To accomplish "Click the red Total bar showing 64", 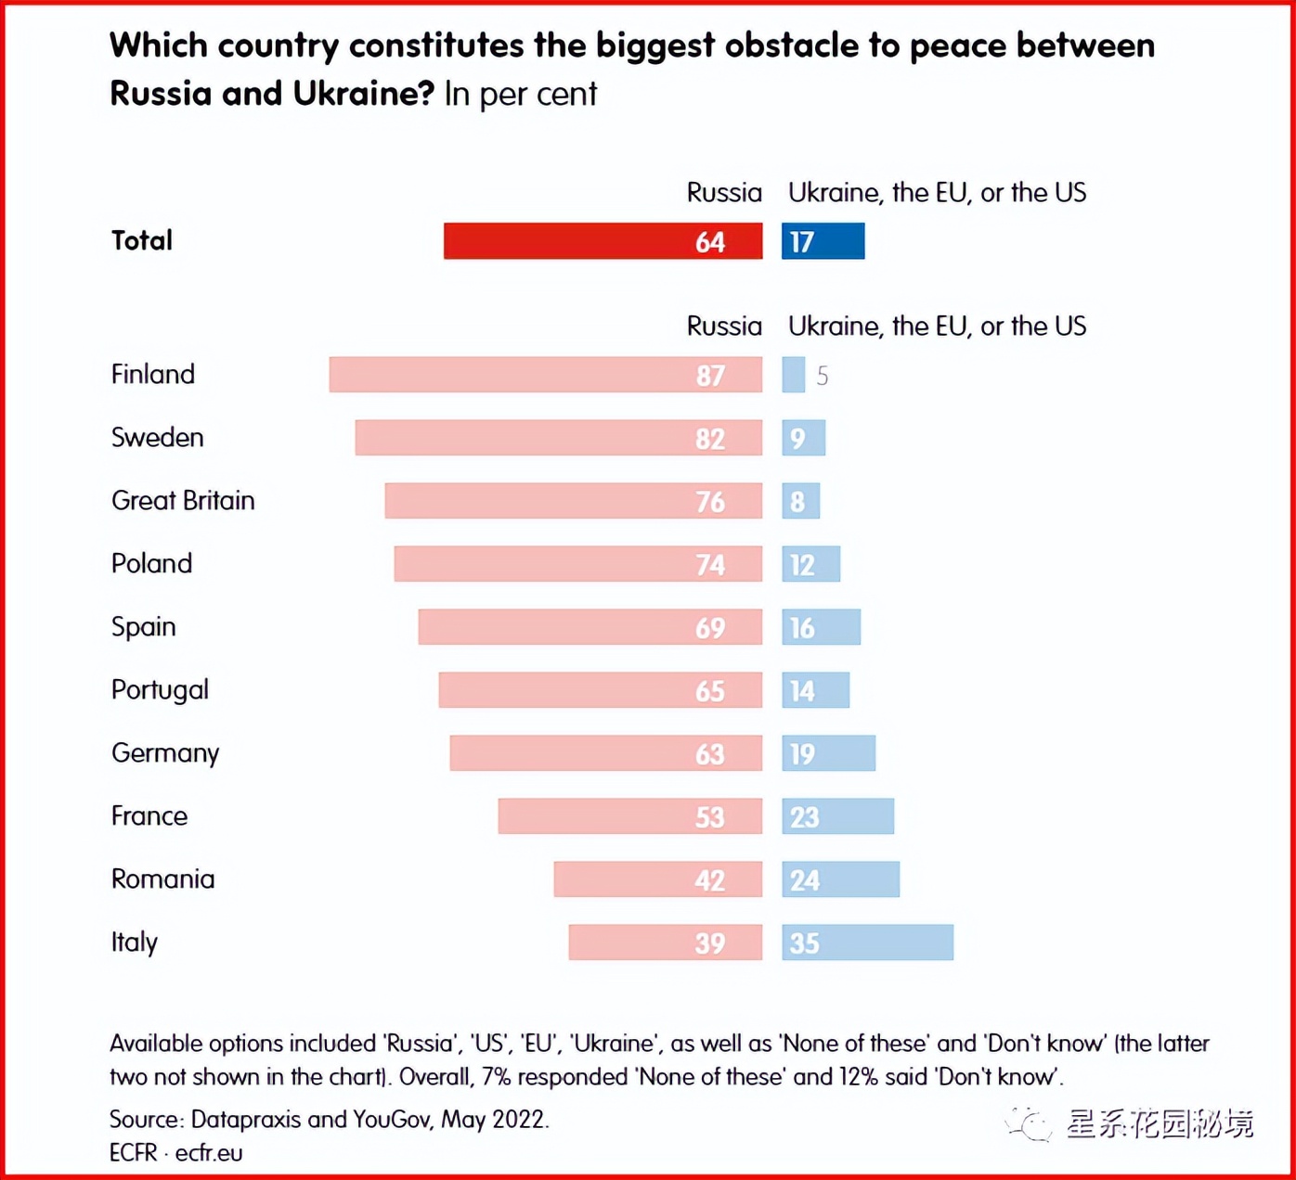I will point(603,241).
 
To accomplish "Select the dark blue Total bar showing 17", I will point(823,241).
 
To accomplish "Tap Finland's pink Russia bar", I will point(545,375).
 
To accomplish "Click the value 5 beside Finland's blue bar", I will point(822,376).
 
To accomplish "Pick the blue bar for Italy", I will point(867,943).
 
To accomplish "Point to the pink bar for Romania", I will point(657,879).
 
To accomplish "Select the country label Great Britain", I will point(183,501).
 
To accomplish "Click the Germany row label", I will point(165,753).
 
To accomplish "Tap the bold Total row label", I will point(142,241).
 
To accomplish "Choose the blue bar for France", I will point(837,816).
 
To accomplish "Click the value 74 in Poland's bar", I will point(710,565).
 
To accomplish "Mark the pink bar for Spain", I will point(590,627).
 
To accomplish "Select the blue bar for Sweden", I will point(803,438).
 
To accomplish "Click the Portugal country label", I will point(160,690).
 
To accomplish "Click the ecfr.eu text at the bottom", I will point(209,1153).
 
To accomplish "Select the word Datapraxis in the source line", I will point(245,1120).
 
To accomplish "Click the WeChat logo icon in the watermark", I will point(1029,1124).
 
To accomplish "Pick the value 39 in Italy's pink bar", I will point(710,943).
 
